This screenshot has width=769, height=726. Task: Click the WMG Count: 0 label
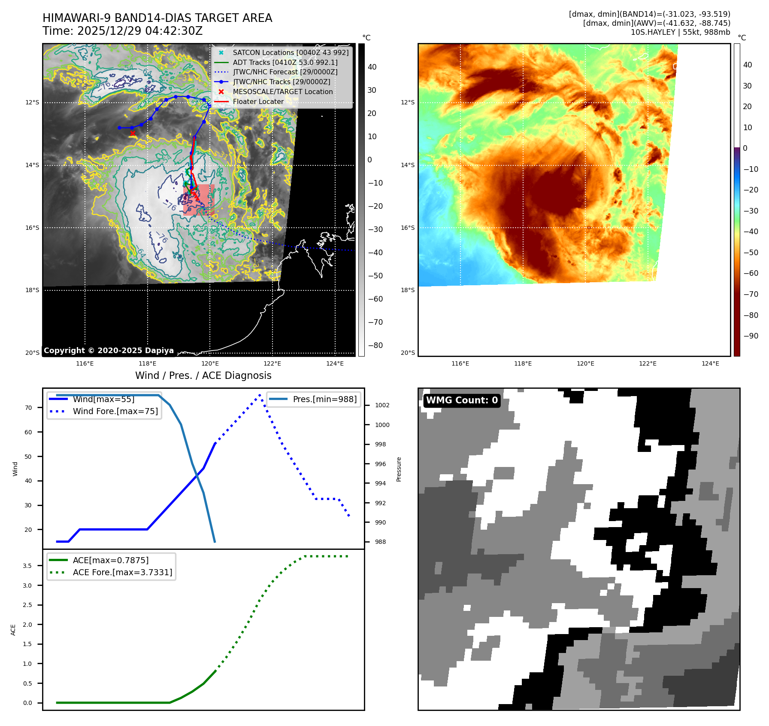click(462, 400)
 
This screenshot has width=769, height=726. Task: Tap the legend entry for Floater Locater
click(258, 102)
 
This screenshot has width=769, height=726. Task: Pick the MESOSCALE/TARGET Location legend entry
click(282, 92)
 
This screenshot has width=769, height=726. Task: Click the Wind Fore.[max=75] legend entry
click(115, 412)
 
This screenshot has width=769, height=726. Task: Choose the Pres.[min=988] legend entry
click(324, 400)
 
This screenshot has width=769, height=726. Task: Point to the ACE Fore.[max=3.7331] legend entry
click(122, 573)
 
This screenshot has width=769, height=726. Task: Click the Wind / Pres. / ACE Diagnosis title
click(203, 376)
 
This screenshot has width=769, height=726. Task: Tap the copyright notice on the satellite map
click(109, 351)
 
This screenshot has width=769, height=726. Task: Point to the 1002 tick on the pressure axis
click(382, 406)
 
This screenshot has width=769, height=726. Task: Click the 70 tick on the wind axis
click(28, 408)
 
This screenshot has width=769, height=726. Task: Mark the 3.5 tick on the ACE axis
click(27, 566)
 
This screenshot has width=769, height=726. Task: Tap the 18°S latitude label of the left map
click(32, 290)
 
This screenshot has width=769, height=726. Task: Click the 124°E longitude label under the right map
click(710, 364)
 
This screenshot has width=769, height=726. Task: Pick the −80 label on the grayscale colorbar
click(375, 345)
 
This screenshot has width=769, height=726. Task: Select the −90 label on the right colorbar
click(751, 336)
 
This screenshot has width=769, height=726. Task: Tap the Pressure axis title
click(399, 469)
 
